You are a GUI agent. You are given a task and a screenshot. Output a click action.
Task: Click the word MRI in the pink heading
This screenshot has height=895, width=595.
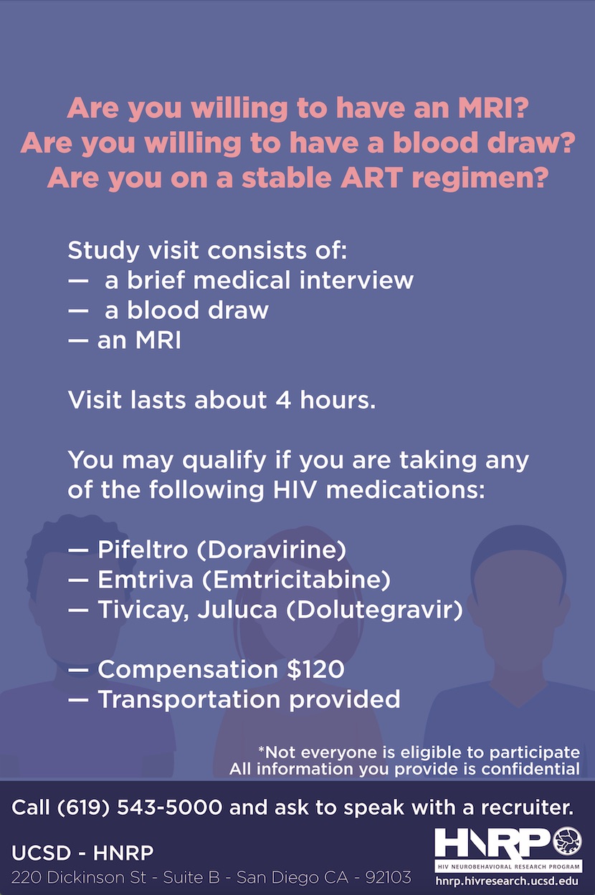[x=493, y=108]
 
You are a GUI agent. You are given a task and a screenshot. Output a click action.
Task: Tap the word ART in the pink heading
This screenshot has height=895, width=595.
[x=371, y=178]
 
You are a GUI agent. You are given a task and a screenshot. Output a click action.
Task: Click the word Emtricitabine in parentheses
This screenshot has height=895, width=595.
[x=296, y=580]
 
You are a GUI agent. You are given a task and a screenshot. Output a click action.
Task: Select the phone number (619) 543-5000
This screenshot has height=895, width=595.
[x=140, y=807]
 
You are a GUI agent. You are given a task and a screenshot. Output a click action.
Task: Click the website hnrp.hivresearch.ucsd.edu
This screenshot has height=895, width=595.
[x=507, y=881]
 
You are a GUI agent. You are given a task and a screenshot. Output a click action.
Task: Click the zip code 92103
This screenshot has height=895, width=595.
[x=389, y=877]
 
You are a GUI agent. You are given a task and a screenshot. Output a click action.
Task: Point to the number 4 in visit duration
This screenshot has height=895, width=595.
[x=283, y=400]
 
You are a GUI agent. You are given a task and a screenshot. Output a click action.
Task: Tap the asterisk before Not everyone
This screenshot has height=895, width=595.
[x=262, y=750]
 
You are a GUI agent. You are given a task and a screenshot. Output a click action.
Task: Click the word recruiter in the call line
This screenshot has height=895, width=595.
[x=527, y=808]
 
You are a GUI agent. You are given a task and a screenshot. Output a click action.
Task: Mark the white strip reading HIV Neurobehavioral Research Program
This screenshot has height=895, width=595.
[x=508, y=866]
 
